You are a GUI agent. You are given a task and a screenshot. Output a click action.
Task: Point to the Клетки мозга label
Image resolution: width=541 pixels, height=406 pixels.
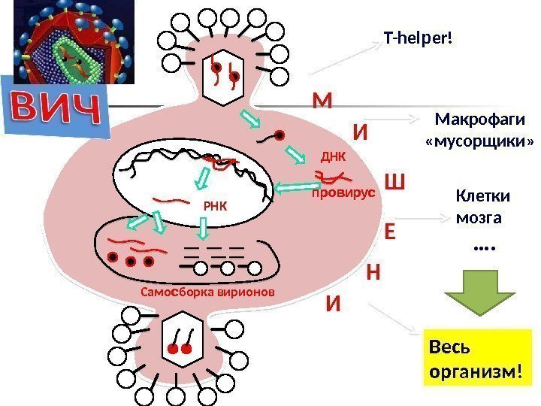tap(481, 207)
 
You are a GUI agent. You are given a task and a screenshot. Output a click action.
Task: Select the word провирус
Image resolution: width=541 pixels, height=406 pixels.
tap(343, 193)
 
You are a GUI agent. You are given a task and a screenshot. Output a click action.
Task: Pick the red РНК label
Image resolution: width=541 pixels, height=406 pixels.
tap(215, 205)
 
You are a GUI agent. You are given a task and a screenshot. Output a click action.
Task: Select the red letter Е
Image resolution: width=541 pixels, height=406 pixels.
tap(389, 229)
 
